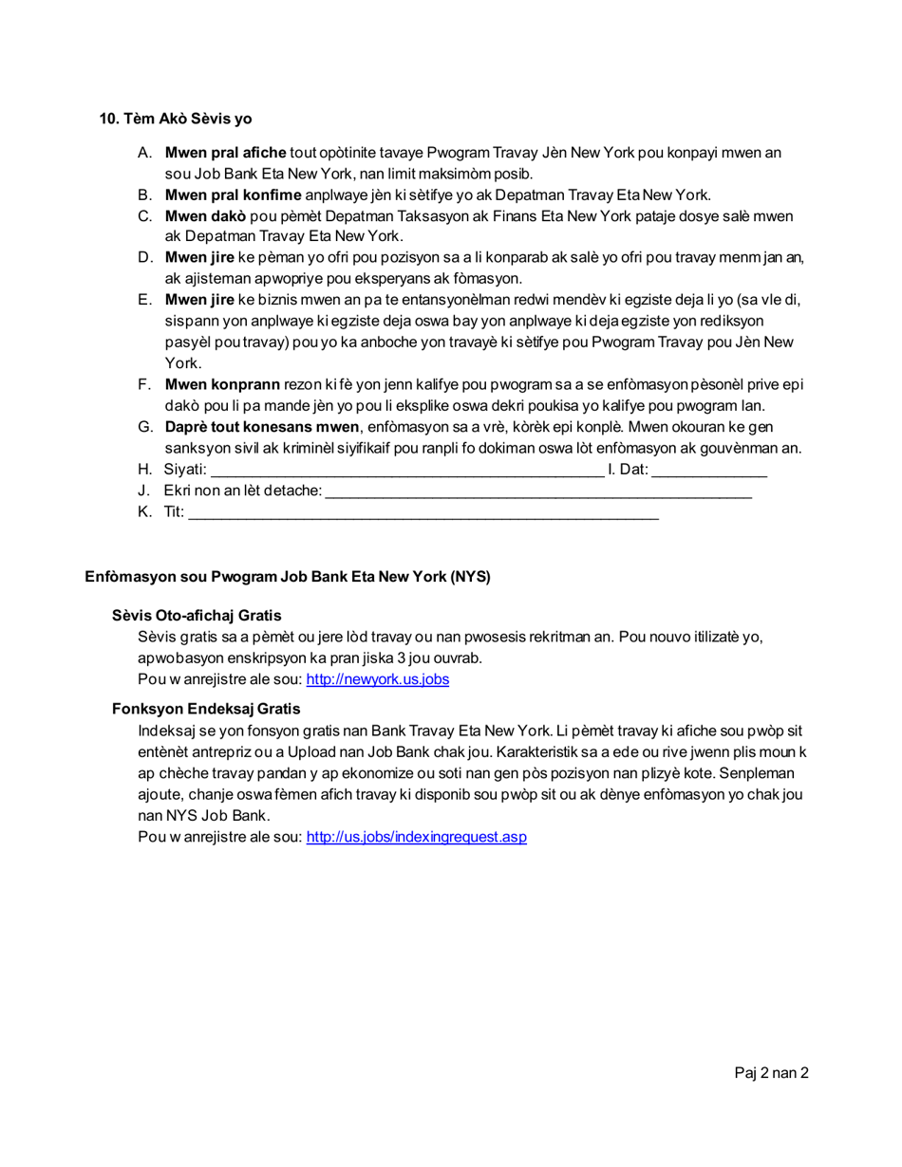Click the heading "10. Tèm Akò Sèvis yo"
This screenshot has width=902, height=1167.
[176, 119]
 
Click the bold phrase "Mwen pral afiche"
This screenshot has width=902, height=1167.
[225, 153]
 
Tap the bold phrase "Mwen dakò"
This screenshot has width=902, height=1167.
[205, 216]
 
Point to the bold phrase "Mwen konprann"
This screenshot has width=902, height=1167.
[222, 384]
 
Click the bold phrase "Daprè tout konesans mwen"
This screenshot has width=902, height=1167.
[262, 427]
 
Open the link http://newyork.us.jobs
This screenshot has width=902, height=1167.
[377, 679]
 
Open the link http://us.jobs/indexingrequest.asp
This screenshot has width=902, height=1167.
[416, 837]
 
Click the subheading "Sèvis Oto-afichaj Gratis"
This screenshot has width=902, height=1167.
[197, 616]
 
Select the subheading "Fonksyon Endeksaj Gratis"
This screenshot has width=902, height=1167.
[206, 709]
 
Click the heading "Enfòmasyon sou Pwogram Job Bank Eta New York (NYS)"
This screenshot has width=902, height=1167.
[288, 577]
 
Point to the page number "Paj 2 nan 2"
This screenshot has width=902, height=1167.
[771, 1073]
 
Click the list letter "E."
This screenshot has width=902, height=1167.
[145, 300]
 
